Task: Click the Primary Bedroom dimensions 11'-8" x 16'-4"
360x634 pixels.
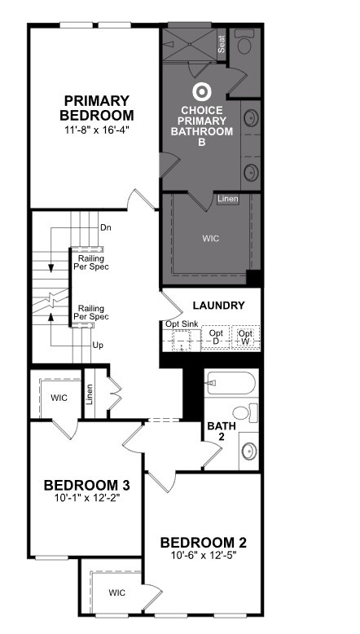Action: pos(97,130)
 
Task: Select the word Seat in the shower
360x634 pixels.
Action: pos(222,45)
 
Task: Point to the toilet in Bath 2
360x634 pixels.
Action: pos(245,413)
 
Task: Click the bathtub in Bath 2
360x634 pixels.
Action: pos(230,382)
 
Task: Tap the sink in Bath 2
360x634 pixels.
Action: pos(249,451)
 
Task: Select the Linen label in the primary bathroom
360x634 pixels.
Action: pos(228,199)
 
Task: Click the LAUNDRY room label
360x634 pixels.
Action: pos(218,306)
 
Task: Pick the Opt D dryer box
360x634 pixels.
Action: pos(216,337)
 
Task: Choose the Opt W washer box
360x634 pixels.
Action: pos(246,337)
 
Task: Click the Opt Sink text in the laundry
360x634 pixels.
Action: pos(180,324)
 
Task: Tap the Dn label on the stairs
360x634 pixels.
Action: pos(106,227)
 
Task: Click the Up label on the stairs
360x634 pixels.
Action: pos(98,346)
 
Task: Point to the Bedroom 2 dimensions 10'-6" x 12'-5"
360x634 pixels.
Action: pos(204,555)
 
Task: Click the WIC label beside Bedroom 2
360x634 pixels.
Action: pos(116,592)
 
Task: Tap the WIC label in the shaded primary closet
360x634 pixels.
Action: pos(211,238)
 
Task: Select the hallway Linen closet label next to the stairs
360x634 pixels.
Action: pos(90,394)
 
